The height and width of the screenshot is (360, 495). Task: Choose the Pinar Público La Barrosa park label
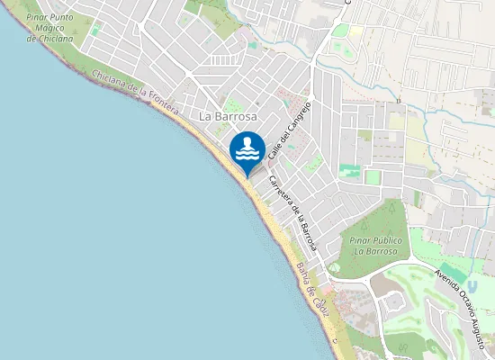click(373, 246)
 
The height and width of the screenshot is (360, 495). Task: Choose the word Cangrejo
click(297, 113)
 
